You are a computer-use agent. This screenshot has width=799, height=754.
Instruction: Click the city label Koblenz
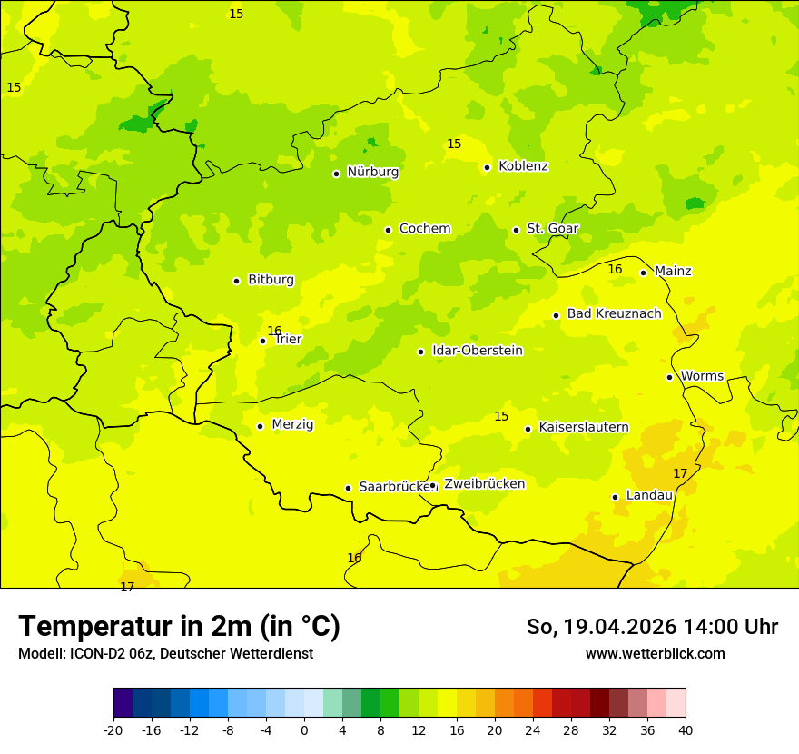click(523, 166)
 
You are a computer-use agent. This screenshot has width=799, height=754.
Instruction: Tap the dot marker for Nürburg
click(336, 174)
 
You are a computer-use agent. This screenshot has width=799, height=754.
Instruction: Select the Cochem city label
click(424, 229)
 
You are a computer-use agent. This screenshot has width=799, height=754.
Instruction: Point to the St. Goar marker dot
click(516, 230)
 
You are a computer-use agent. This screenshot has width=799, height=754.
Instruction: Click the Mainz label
click(673, 271)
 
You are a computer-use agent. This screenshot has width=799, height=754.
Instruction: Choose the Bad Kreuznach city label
click(614, 313)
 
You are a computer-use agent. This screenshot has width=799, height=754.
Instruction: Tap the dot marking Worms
click(669, 377)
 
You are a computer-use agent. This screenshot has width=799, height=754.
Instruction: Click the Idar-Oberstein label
click(477, 351)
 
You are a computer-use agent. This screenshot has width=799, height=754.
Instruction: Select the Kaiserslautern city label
click(583, 427)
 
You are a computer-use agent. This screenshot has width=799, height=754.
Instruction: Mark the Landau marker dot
click(615, 497)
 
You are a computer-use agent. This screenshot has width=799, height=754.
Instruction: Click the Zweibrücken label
click(484, 484)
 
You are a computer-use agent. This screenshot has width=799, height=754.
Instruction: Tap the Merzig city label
click(292, 424)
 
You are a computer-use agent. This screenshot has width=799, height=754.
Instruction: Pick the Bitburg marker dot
click(236, 281)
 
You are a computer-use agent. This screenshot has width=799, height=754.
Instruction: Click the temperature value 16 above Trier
click(274, 331)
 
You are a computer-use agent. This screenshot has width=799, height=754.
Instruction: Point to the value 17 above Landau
click(680, 473)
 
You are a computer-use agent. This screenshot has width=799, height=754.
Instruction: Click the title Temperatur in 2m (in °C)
click(179, 627)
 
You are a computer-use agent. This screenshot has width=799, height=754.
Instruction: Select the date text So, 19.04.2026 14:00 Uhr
click(652, 627)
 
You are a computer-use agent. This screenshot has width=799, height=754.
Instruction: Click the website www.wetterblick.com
click(655, 654)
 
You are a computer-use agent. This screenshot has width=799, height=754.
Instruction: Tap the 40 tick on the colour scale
click(686, 730)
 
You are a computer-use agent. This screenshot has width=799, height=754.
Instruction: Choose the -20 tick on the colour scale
click(113, 730)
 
